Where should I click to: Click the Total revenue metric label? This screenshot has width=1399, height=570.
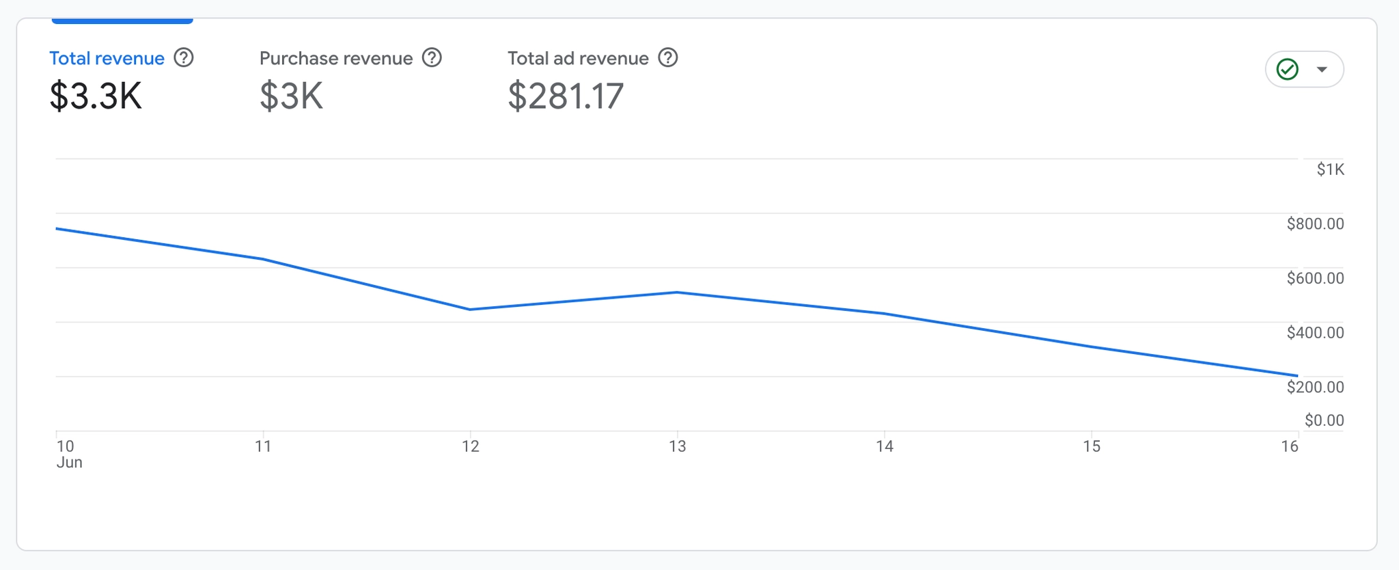pyautogui.click(x=107, y=59)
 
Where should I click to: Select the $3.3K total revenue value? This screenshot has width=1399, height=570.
pyautogui.click(x=96, y=96)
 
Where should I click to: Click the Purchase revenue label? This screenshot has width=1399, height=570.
pyautogui.click(x=335, y=59)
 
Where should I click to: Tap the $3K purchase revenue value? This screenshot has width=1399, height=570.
pyautogui.click(x=291, y=96)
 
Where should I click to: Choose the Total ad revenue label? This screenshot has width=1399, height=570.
pyautogui.click(x=578, y=59)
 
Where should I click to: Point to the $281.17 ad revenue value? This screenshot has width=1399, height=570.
pyautogui.click(x=566, y=96)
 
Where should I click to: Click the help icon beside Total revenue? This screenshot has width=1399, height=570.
pyautogui.click(x=184, y=58)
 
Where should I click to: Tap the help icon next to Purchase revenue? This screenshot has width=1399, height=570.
pyautogui.click(x=432, y=58)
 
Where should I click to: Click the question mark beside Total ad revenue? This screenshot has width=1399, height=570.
pyautogui.click(x=668, y=58)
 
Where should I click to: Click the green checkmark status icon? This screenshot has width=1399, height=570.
pyautogui.click(x=1288, y=70)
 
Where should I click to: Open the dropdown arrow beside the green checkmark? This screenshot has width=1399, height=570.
pyautogui.click(x=1322, y=70)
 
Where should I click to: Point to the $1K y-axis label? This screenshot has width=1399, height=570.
pyautogui.click(x=1330, y=169)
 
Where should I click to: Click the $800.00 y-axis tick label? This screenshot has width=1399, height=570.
pyautogui.click(x=1315, y=224)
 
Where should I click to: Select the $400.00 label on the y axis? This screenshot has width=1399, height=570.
pyautogui.click(x=1315, y=333)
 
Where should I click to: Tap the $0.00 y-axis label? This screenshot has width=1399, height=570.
pyautogui.click(x=1324, y=420)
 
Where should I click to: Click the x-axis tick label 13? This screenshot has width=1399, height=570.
pyautogui.click(x=677, y=447)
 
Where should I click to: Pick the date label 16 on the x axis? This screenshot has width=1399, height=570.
pyautogui.click(x=1289, y=447)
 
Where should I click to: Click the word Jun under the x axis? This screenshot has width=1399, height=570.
pyautogui.click(x=69, y=463)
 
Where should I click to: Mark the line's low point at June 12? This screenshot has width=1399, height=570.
pyautogui.click(x=470, y=310)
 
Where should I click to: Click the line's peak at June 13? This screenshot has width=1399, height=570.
pyautogui.click(x=677, y=293)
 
